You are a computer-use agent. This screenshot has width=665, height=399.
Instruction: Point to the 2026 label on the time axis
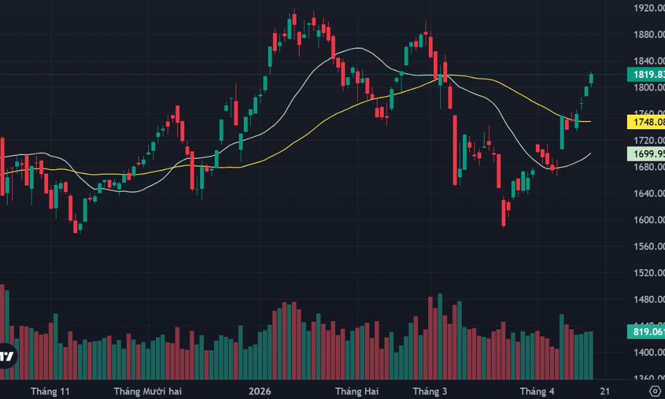point(260,391)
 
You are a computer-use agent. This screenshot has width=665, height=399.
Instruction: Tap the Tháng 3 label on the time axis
point(429,391)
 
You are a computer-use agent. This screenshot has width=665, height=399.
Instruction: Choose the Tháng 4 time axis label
point(536,391)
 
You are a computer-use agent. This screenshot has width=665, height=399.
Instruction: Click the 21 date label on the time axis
point(605,391)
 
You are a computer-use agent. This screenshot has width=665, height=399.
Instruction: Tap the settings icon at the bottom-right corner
point(655,391)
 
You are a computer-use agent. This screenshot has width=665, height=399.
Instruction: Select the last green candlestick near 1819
point(592,79)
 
